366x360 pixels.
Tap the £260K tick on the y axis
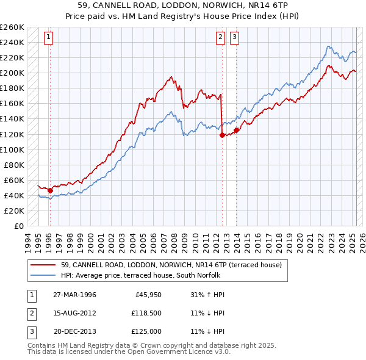12,27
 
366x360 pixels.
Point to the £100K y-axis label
12,149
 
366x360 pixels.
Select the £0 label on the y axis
18,226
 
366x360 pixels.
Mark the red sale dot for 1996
50,190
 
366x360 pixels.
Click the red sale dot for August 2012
222,135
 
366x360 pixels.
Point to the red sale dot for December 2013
236,130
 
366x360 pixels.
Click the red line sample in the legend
43,265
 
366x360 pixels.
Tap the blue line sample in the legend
43,275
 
